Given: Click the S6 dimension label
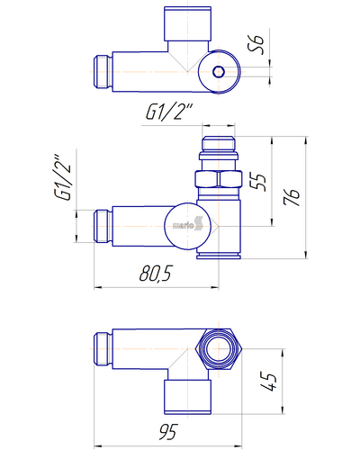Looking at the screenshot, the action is tap(257, 45).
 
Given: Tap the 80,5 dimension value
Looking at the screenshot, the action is tap(156, 274).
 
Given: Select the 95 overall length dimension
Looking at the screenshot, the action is tap(168, 432).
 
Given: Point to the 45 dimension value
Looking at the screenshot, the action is tap(268, 382).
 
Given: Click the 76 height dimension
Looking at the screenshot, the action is tap(292, 197).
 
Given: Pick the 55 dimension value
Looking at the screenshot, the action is tap(258, 182).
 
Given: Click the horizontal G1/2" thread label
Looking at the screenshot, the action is tap(168, 112).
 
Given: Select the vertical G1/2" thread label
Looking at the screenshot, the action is tap(63, 177).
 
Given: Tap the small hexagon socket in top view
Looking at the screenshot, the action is tap(218, 72).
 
